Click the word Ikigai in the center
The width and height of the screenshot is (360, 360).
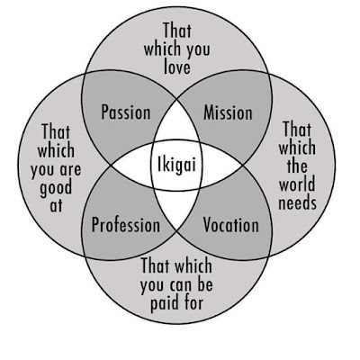tap(176, 166)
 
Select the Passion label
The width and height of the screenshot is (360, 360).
tap(126, 112)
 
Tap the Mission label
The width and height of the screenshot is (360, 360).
tap(228, 112)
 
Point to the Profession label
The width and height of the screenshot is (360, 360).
tap(126, 225)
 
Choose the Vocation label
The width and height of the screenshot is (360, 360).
tap(231, 225)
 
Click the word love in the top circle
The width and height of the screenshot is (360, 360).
tap(177, 67)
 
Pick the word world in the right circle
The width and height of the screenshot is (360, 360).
tap(297, 184)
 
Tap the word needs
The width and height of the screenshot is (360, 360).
tap(297, 202)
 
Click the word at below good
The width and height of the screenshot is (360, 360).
tap(56, 205)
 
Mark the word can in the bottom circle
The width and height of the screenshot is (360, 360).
tap(180, 285)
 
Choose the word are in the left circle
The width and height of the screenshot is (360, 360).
tap(70, 169)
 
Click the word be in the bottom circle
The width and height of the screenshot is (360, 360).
tap(205, 283)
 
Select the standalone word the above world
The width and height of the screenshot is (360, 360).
tap(297, 165)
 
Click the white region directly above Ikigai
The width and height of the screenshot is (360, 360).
tap(176, 125)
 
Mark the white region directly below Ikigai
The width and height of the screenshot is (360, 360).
tap(176, 208)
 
